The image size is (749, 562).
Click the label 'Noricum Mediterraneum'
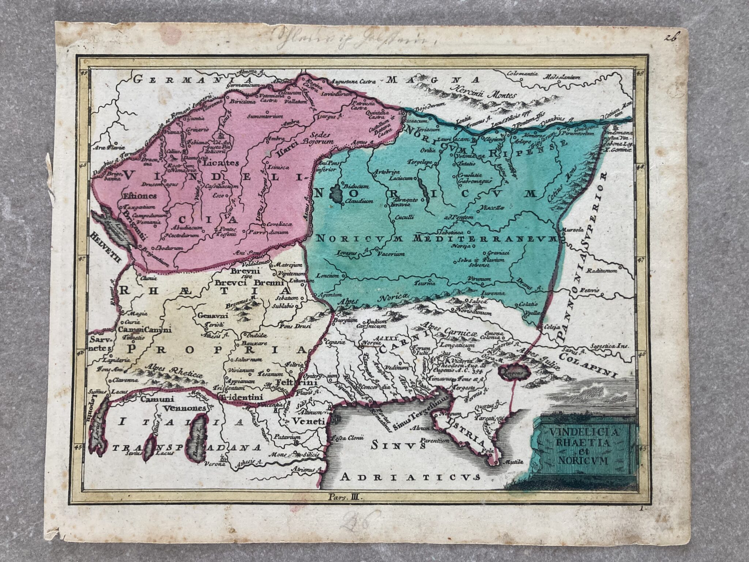pos(435,239)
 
